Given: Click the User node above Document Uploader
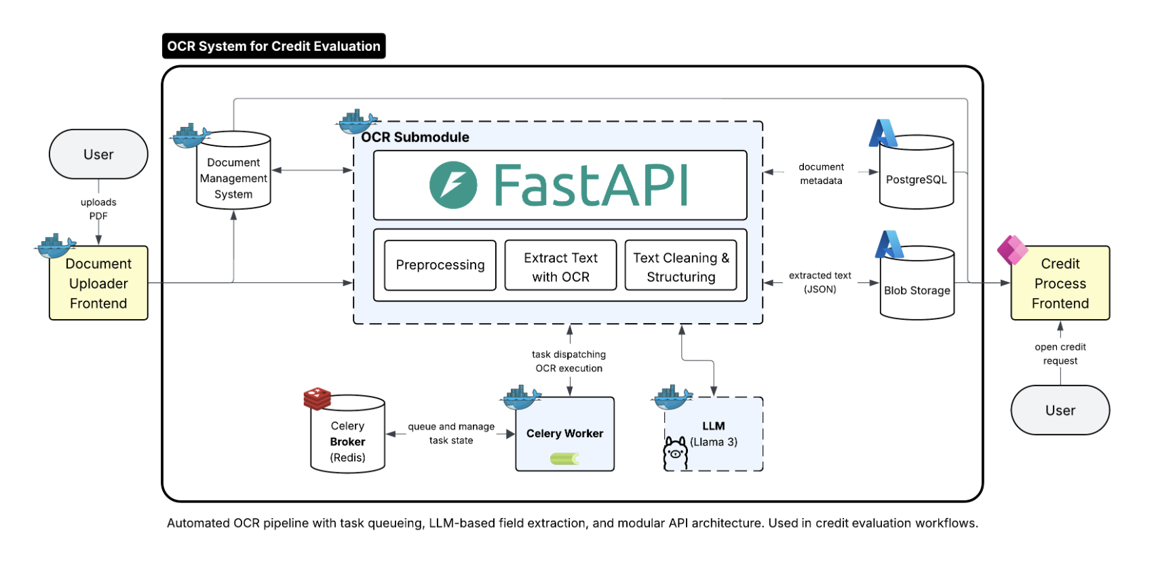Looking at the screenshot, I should (x=98, y=154).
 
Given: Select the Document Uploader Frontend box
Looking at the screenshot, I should (x=98, y=283).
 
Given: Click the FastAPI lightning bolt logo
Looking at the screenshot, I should (x=453, y=185).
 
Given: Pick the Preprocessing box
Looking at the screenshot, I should (x=440, y=265).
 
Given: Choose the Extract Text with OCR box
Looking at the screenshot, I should (x=560, y=267).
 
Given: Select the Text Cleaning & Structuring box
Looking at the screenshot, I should (x=680, y=267).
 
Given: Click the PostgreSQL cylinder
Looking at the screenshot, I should (x=916, y=179).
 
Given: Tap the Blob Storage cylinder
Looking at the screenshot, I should (x=917, y=290).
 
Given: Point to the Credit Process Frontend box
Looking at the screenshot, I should (x=1060, y=283).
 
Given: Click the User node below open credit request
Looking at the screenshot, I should (x=1060, y=410).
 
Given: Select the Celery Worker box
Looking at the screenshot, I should (x=564, y=434).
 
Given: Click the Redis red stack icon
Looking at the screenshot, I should (x=317, y=399).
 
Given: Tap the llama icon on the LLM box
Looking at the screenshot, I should (x=675, y=453).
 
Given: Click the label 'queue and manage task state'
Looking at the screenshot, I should (x=451, y=433).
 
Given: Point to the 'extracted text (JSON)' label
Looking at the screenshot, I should (x=820, y=282).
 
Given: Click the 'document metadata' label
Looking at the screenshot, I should (x=821, y=173).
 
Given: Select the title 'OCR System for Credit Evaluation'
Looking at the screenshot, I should (x=273, y=46).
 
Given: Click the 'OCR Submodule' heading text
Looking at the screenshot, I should (x=415, y=137).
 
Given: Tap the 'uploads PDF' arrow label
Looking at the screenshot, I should (x=98, y=208).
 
